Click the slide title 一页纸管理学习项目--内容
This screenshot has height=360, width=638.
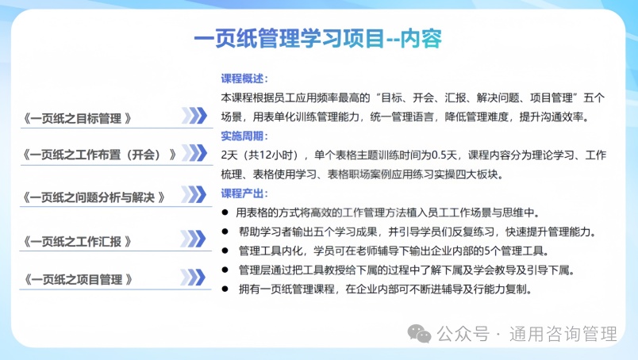317,39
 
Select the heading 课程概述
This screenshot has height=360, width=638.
243,79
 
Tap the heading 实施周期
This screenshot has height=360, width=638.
243,136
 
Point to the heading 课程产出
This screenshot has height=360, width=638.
243,193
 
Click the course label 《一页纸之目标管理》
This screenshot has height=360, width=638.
77,118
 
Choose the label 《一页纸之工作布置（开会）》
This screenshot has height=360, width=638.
99,155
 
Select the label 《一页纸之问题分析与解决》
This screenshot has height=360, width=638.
94,197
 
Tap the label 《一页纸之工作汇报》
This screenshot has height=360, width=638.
77,242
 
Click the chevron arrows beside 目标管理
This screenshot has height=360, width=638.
194,116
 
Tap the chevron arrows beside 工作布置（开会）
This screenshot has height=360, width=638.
194,153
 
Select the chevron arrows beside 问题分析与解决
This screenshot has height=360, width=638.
194,194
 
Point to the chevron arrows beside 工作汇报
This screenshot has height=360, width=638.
194,239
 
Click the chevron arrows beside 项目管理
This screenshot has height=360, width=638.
193,278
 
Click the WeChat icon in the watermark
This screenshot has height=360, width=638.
420,334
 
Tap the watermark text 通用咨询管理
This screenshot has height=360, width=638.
563,334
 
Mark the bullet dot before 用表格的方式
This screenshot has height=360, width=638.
225,213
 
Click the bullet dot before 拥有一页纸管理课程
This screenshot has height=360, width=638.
225,289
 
